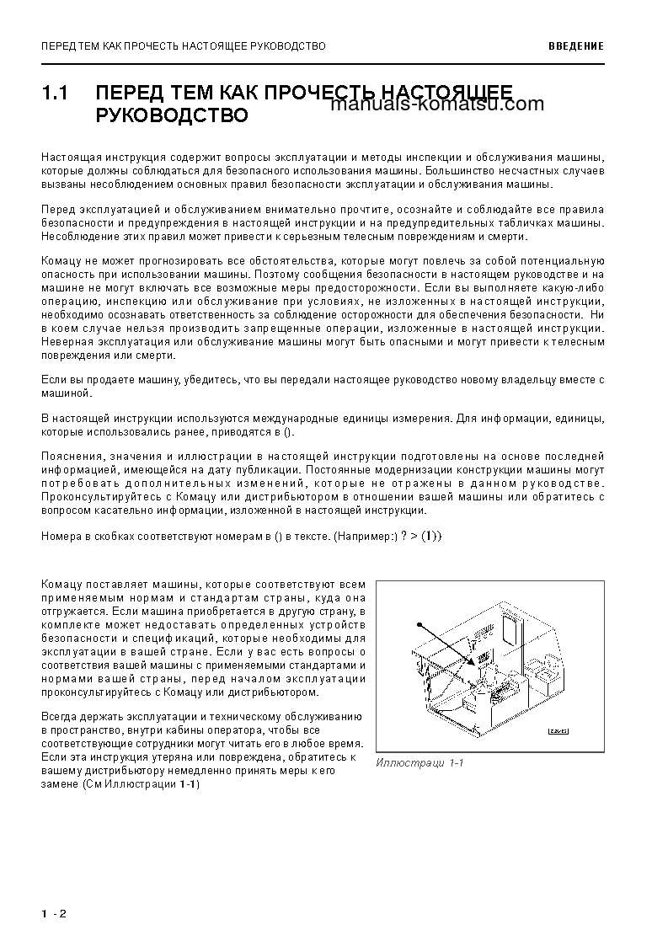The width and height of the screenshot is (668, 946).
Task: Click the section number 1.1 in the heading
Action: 55,92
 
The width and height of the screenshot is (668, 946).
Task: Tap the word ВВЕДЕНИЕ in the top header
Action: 575,45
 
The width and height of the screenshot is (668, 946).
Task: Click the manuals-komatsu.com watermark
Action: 438,105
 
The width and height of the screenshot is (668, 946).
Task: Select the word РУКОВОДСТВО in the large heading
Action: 173,115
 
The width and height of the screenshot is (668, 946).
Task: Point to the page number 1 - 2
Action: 53,914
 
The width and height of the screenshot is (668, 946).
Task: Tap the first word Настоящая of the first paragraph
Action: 69,158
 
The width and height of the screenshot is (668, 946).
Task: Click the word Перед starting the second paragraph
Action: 57,209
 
